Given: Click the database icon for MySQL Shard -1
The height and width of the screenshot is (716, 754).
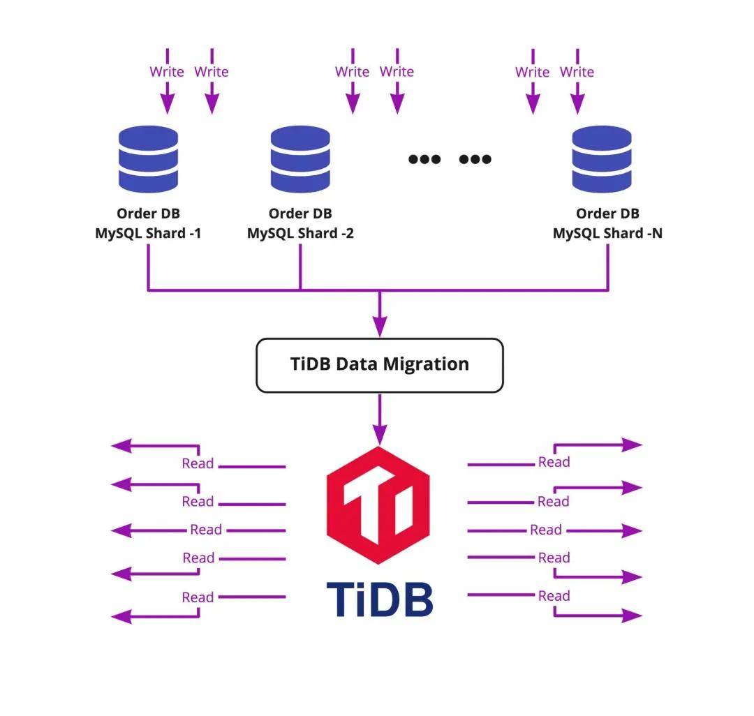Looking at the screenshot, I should [x=148, y=159].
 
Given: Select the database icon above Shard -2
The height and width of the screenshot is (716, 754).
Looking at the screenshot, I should [x=300, y=159].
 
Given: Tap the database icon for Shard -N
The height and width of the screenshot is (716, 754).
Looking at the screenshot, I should [x=602, y=159].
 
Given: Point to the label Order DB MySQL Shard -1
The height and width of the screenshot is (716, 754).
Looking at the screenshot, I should [x=148, y=223].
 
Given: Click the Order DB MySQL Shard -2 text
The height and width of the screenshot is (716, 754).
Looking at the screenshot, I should [x=300, y=223].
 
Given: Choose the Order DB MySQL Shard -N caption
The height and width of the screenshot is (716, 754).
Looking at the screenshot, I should [x=607, y=223].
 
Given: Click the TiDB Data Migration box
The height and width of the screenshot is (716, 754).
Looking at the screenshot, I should [x=379, y=364].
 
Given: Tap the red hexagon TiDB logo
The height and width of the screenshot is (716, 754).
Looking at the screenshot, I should [x=378, y=504].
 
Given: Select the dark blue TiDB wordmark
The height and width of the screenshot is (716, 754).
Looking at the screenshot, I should [x=379, y=599].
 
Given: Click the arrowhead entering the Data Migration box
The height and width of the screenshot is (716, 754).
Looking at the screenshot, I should [x=379, y=327].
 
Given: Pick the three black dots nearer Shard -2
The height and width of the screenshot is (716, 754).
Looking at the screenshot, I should [x=424, y=159].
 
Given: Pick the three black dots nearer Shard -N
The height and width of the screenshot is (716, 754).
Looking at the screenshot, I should [x=475, y=159].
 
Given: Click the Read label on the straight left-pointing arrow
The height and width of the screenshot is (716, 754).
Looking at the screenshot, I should [x=206, y=530].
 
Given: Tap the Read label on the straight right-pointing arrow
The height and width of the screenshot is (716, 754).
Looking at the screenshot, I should [x=546, y=530].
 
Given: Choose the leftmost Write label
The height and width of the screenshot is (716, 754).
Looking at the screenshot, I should [x=167, y=72].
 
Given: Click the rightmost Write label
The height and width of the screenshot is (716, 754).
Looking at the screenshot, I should [x=577, y=72].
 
